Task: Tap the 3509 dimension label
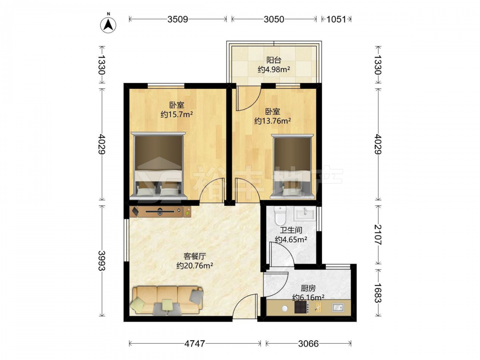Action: click(x=178, y=19)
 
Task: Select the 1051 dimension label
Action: click(x=336, y=19)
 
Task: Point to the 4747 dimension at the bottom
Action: click(x=195, y=344)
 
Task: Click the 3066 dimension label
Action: click(x=308, y=344)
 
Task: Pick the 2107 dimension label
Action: click(x=378, y=235)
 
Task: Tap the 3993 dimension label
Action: click(x=102, y=261)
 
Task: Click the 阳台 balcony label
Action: click(x=274, y=60)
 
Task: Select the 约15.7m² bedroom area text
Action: click(x=177, y=115)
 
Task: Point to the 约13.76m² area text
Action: click(x=273, y=121)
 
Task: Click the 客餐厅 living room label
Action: click(x=195, y=256)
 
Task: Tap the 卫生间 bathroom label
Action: click(x=291, y=230)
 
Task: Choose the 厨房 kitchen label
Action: click(x=308, y=288)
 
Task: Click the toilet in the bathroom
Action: click(x=280, y=216)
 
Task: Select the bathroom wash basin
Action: click(x=305, y=213)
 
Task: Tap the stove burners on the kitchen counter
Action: click(x=301, y=307)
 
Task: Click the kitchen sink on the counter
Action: click(x=338, y=307)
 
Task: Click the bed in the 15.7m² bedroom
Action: click(x=158, y=166)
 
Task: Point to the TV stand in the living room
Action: click(x=160, y=212)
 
